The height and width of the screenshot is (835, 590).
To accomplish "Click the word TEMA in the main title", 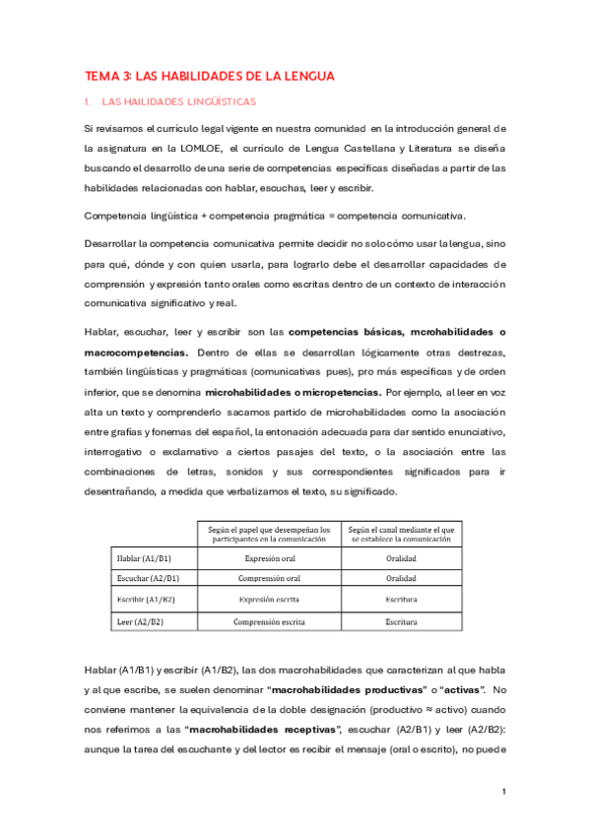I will point(99,75).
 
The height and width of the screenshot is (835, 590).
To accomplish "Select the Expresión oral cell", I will point(268,557).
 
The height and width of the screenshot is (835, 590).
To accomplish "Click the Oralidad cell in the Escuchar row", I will point(401,578).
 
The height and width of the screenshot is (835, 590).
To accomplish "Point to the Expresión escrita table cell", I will point(268,600).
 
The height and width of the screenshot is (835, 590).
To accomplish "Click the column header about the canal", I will point(401,535).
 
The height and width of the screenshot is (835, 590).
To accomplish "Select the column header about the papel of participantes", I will point(268,535).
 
